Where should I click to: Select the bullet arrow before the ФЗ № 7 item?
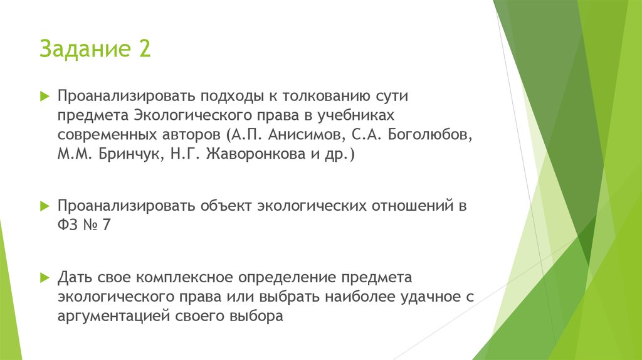click(x=45, y=206)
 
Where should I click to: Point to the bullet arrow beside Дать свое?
click(x=45, y=277)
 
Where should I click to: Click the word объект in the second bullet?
click(x=226, y=206)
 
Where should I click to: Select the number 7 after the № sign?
click(x=107, y=225)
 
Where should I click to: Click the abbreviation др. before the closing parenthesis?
click(x=338, y=154)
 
